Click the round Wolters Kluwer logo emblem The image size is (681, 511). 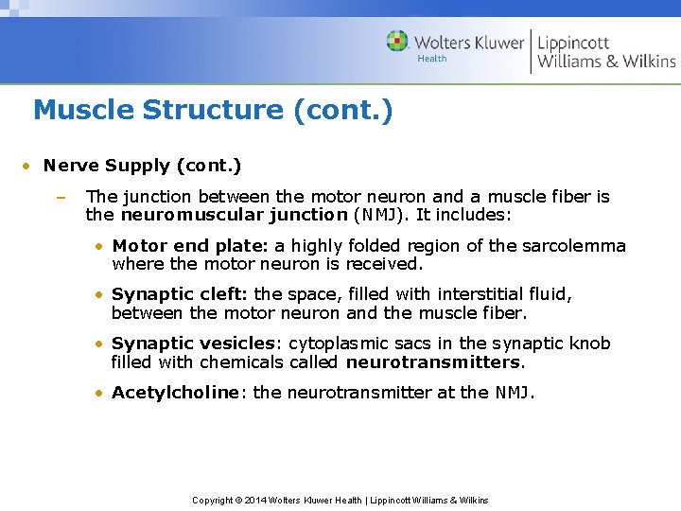(397, 42)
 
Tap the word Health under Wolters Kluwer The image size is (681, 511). (431, 59)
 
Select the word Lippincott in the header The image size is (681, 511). (573, 42)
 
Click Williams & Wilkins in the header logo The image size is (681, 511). (606, 62)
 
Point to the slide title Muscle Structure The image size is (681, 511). (212, 111)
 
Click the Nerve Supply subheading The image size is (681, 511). (142, 167)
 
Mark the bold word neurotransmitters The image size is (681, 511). (433, 361)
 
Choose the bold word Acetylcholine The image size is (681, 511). (175, 393)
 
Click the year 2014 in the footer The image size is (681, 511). (254, 500)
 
